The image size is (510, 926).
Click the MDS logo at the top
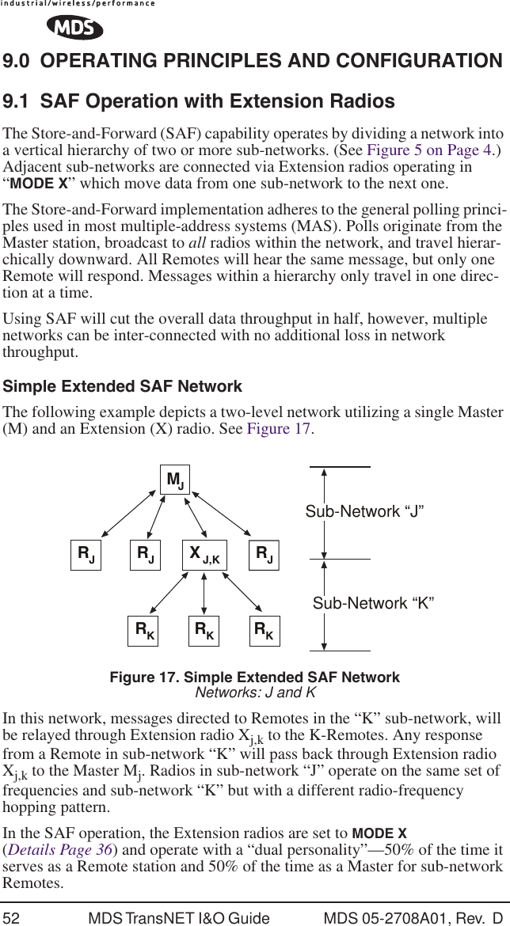(74, 28)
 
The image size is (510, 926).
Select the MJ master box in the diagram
(175, 480)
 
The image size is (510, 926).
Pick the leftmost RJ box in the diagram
(85, 552)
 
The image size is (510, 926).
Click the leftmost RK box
(144, 630)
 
